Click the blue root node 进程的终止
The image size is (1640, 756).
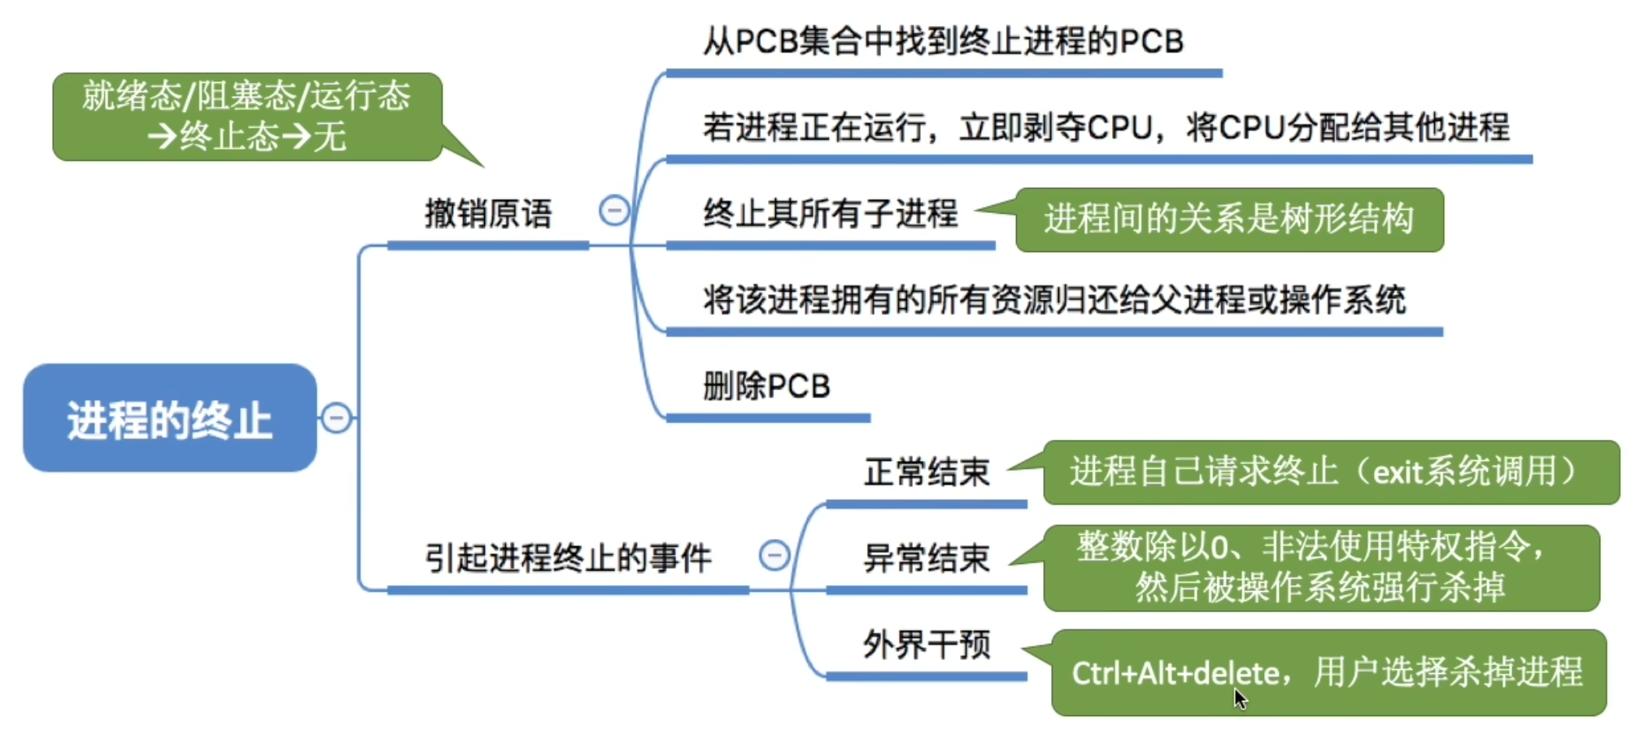(169, 418)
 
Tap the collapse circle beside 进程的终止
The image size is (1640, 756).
(336, 418)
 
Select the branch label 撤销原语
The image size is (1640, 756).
(488, 215)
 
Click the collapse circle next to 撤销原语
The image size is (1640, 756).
(614, 211)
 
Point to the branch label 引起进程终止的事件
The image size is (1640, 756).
(568, 558)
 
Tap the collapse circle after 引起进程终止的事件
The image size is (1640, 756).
(774, 556)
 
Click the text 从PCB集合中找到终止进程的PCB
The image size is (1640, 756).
(943, 41)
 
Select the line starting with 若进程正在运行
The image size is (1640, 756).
(1106, 128)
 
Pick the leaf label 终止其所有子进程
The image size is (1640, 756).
(831, 214)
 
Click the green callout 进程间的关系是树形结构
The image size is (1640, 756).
(1228, 219)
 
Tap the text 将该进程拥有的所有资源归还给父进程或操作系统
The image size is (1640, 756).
(1054, 300)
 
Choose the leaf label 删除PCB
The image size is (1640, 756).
(766, 386)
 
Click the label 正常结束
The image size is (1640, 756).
(927, 472)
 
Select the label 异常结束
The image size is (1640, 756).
(927, 558)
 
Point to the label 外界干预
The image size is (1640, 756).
(927, 645)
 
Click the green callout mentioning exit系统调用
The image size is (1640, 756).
(1331, 472)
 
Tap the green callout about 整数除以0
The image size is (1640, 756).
(1321, 567)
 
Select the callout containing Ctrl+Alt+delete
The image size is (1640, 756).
(1328, 672)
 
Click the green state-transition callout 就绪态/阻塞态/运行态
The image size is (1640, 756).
(246, 116)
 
